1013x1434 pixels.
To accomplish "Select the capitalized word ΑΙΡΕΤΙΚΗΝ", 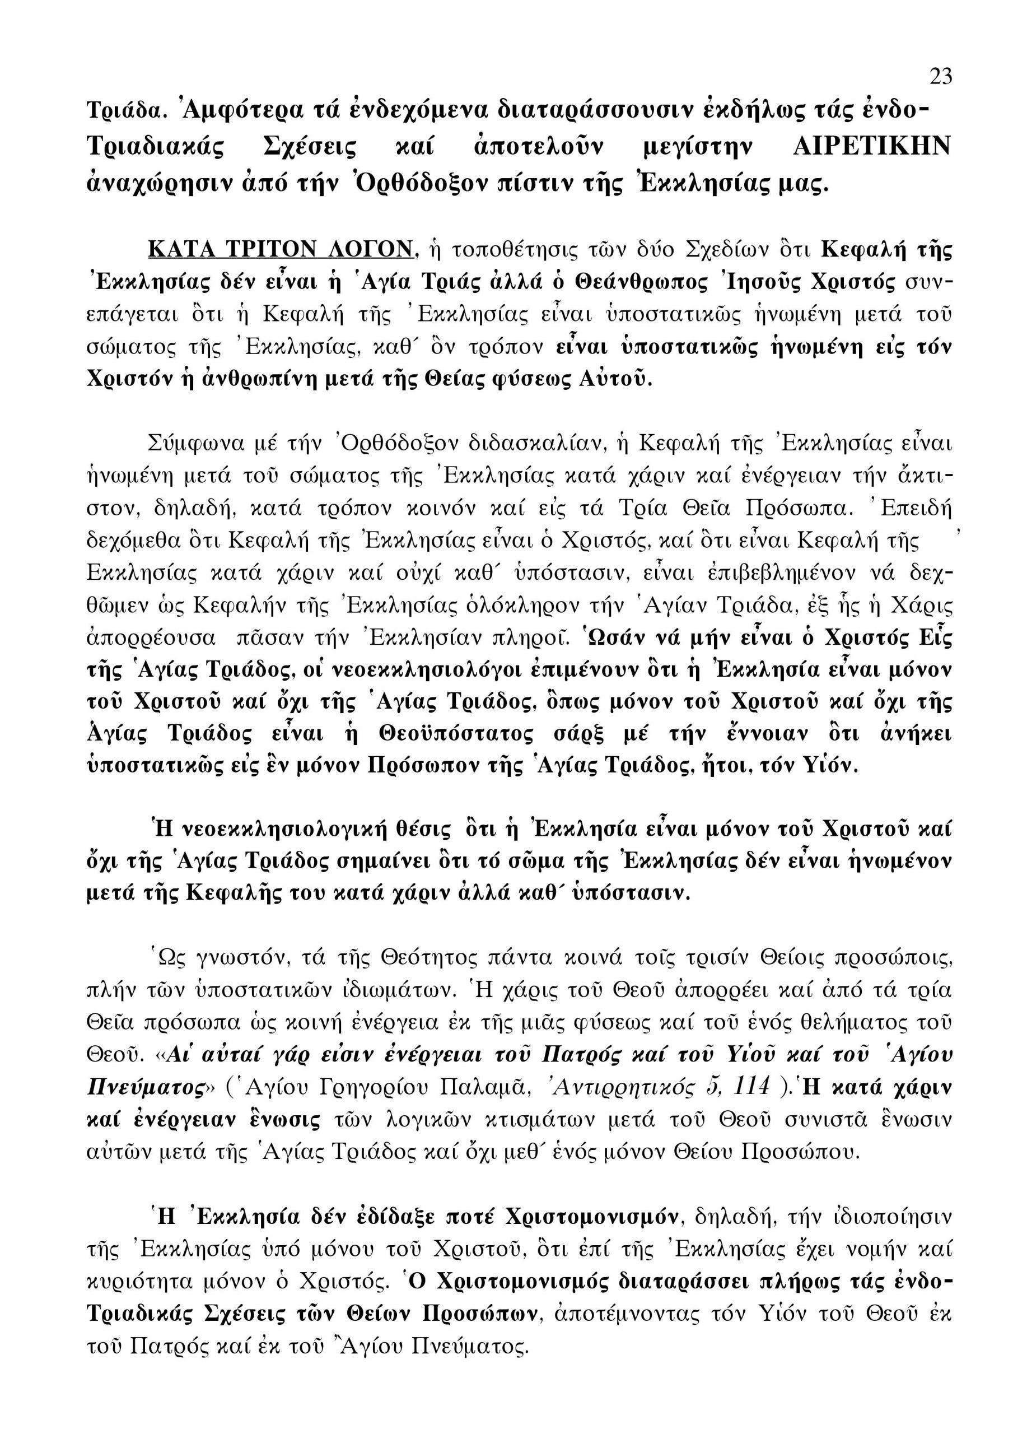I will (872, 147).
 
